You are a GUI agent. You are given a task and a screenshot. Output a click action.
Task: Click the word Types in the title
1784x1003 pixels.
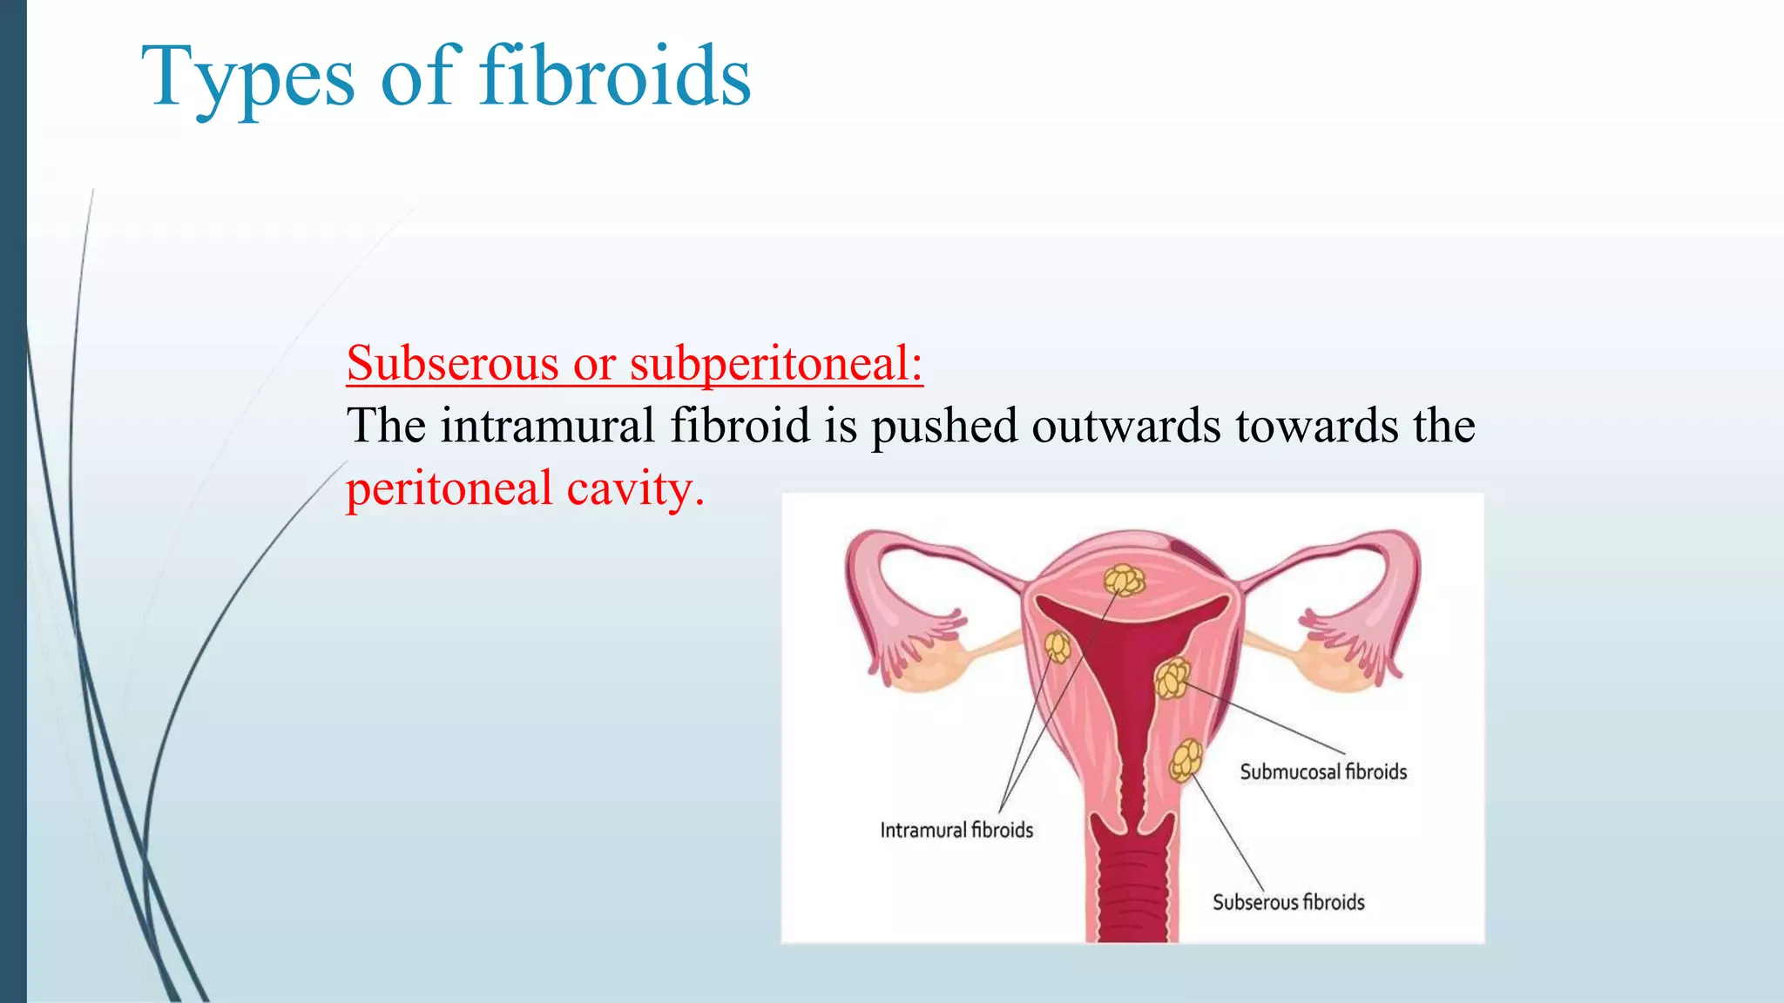coord(247,78)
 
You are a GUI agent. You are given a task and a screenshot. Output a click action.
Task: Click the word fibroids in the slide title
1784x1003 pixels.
coord(615,77)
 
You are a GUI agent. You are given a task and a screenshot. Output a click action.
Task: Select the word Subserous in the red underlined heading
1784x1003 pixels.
coord(453,363)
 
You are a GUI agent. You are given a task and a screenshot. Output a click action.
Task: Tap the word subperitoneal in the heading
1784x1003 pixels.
coord(775,363)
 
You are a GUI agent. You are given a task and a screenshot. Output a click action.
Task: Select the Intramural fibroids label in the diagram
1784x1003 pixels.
coord(956,830)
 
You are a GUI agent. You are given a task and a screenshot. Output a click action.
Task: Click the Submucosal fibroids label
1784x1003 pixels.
coord(1323,771)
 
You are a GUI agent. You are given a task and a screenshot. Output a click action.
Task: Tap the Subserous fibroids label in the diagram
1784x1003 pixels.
coord(1288,902)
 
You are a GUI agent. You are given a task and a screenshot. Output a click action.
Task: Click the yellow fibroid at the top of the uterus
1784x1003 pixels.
coord(1124,580)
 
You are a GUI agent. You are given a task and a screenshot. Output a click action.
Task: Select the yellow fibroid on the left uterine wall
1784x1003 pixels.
coord(1057,647)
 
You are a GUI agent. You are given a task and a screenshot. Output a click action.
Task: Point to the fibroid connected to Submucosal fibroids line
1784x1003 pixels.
coord(1172,679)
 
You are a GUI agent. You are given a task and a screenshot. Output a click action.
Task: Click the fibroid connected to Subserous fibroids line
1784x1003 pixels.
coord(1186,760)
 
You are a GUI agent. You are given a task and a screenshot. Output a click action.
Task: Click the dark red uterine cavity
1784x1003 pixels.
coord(1132,662)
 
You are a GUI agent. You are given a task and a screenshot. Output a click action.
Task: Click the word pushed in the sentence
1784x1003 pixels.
coord(944,426)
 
